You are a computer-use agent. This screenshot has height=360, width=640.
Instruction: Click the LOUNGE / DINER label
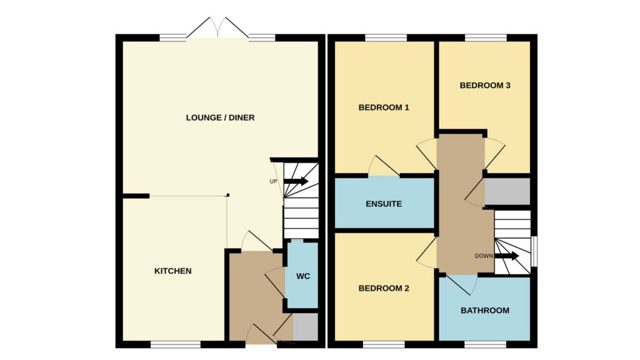220,117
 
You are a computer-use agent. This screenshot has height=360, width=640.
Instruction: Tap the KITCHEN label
172,271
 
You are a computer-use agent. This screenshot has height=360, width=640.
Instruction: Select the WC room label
303,276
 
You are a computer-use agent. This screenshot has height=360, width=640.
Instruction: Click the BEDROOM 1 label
384,107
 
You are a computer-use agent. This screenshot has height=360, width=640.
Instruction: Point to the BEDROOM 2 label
384,288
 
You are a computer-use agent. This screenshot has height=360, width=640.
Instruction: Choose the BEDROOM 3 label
485,85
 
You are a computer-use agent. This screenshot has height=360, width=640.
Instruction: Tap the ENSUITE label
384,204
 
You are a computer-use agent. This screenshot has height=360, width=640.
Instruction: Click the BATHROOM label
485,310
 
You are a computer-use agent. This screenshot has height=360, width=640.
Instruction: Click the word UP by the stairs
274,181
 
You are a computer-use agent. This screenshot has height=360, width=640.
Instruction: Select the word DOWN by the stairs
484,256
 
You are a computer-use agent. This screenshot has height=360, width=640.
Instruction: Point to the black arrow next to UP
296,181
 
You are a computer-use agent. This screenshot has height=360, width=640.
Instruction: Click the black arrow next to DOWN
506,256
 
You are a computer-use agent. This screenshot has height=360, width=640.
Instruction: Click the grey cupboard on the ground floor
305,326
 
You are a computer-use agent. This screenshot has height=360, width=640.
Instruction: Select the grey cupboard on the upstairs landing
507,191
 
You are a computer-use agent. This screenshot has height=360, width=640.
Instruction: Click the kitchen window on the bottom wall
176,344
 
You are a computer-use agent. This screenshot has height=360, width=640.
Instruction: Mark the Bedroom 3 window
486,37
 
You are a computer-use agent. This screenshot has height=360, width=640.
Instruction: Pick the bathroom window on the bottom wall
485,344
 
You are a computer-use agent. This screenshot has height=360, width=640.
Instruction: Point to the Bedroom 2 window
384,344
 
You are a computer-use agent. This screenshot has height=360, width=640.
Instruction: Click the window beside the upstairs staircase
534,251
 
